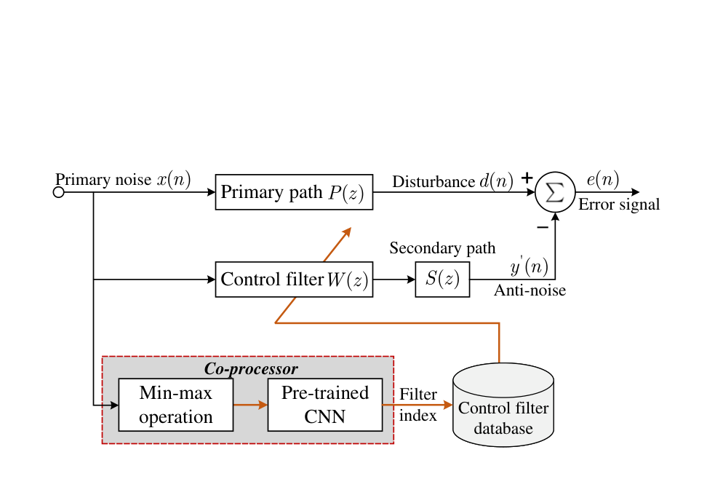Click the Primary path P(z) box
(294, 192)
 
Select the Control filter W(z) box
(294, 280)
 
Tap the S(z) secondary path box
(442, 280)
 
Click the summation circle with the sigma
(555, 193)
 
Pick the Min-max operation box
(175, 405)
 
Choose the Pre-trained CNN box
(325, 405)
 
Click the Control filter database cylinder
(503, 404)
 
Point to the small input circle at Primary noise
(59, 192)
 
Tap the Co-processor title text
(251, 368)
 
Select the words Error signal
(619, 205)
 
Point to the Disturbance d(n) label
(452, 181)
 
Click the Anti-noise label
(530, 291)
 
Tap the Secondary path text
(442, 248)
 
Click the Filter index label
(418, 405)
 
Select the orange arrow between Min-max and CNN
(250, 405)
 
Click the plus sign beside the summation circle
(527, 178)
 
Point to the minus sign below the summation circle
(542, 228)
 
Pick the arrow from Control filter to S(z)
(394, 280)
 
